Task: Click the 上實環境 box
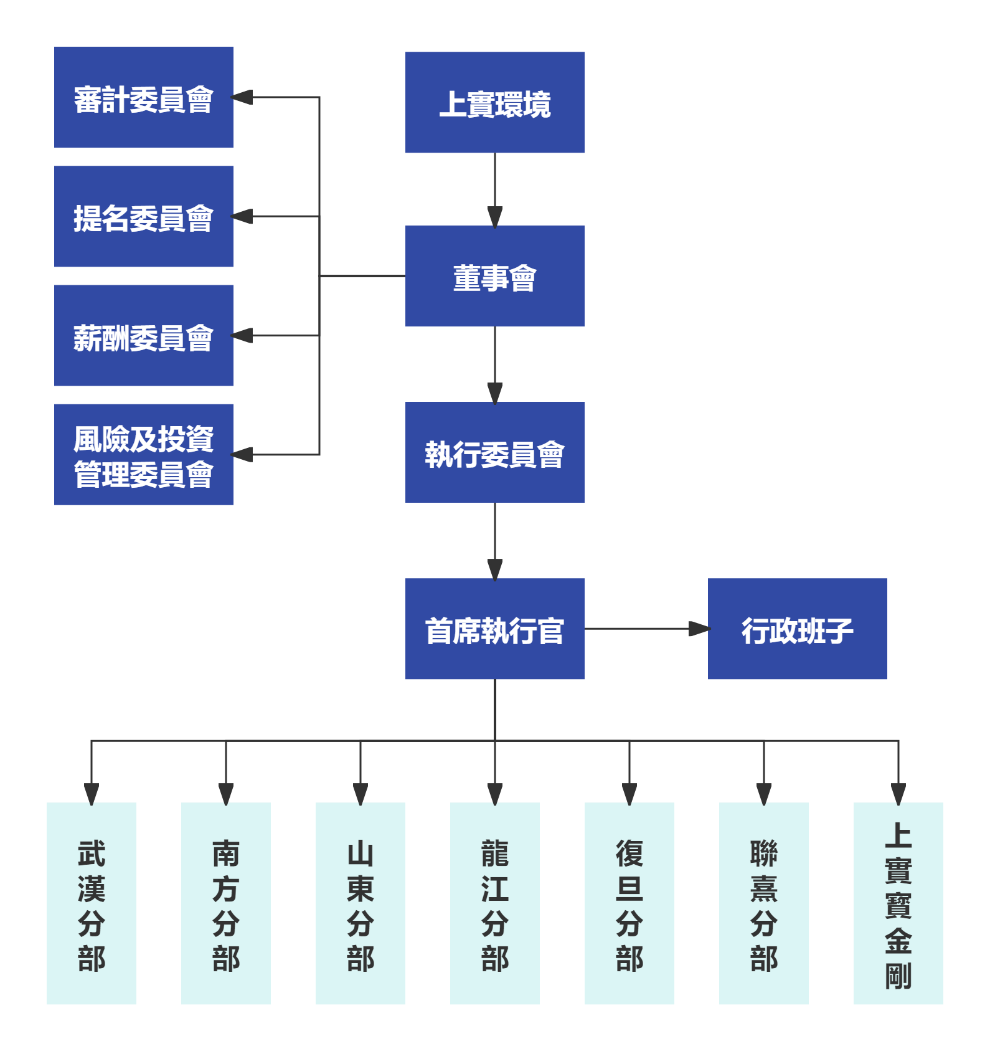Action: click(x=494, y=103)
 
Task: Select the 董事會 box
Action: click(x=494, y=276)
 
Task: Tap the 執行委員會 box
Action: click(x=494, y=452)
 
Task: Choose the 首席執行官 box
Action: click(x=494, y=629)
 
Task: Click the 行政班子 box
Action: click(x=797, y=629)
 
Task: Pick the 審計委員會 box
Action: click(x=143, y=97)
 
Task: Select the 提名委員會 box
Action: click(x=143, y=216)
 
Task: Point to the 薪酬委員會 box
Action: click(x=143, y=335)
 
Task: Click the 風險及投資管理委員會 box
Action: click(x=143, y=454)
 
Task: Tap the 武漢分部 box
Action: click(x=92, y=903)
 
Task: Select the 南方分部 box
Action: click(x=226, y=903)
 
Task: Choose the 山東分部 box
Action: click(x=361, y=903)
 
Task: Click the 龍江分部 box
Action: click(x=495, y=903)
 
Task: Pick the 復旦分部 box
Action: click(x=629, y=903)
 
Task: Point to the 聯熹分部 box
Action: click(x=764, y=903)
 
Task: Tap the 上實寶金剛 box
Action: click(x=898, y=903)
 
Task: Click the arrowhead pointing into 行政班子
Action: click(x=699, y=629)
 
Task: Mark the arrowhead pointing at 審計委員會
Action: click(x=242, y=97)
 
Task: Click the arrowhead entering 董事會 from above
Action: click(x=495, y=216)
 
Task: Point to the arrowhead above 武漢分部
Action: click(x=92, y=793)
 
